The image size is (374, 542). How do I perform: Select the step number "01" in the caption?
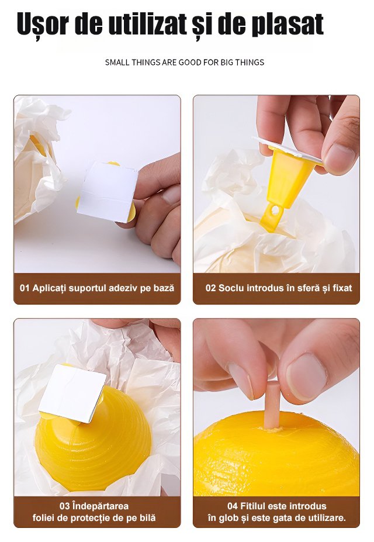(x=25, y=288)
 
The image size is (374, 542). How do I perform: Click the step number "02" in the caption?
(x=210, y=288)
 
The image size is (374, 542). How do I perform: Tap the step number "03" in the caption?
(x=65, y=506)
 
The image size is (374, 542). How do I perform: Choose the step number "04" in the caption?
(x=233, y=506)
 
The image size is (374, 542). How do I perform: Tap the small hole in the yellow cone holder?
(x=275, y=209)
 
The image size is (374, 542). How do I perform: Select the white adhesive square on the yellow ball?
(x=72, y=393)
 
